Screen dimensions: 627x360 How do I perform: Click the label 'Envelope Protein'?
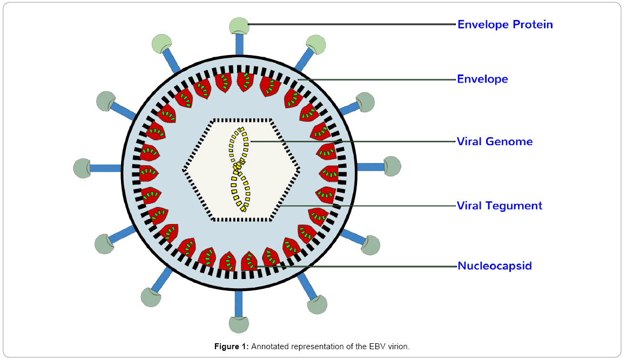505,24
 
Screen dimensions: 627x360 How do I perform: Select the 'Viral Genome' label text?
495,141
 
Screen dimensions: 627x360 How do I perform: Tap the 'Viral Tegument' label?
500,206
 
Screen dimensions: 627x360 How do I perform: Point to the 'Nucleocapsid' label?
495,266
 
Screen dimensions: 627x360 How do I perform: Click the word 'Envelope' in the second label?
482,79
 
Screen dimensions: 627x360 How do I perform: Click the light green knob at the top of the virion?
239,26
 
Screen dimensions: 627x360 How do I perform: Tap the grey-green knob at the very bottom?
239,324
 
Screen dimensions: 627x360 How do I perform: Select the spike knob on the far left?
82,168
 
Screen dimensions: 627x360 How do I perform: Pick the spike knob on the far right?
392,166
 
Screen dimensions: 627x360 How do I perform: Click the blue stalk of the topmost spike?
239,44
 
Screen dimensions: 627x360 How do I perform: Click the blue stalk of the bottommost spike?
239,303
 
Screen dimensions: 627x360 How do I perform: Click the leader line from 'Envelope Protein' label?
352,24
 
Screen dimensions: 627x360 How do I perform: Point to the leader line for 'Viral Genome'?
354,141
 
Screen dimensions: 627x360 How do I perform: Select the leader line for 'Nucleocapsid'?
356,266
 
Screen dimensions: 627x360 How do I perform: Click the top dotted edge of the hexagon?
242,120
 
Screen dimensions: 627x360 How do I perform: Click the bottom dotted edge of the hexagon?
242,219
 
